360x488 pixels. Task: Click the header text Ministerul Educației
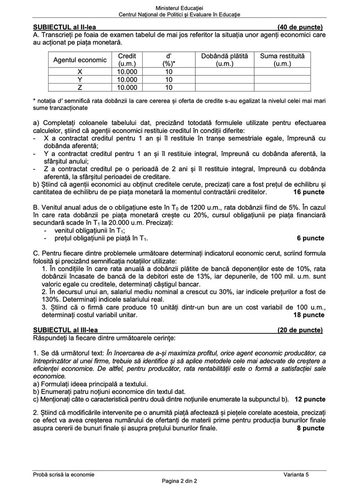coord(179,8)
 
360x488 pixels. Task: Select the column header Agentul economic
coord(80,60)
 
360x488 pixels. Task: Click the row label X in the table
coord(80,72)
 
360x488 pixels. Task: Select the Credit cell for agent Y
coord(127,80)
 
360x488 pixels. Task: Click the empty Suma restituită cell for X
coord(282,72)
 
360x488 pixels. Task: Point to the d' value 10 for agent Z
coord(169,88)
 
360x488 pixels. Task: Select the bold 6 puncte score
coord(310,238)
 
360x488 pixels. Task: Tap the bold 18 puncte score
coord(309,315)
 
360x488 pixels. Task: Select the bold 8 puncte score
coord(310,428)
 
